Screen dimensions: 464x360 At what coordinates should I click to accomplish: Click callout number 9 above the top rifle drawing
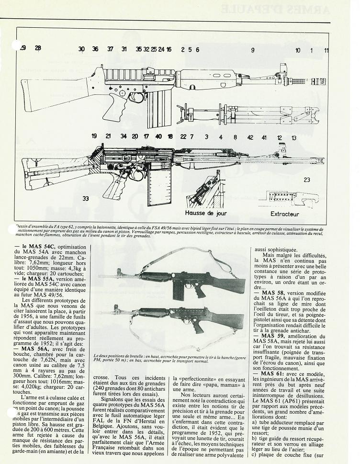(x=253, y=49)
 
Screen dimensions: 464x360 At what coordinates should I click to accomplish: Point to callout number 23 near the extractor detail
(x=306, y=180)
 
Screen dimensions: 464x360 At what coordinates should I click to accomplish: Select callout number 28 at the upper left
(x=38, y=48)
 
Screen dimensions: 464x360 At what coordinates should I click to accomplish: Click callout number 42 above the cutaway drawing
(x=250, y=137)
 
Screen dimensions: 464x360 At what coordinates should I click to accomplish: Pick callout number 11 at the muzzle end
(x=326, y=50)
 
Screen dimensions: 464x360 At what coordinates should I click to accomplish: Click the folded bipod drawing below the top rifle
(x=239, y=115)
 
